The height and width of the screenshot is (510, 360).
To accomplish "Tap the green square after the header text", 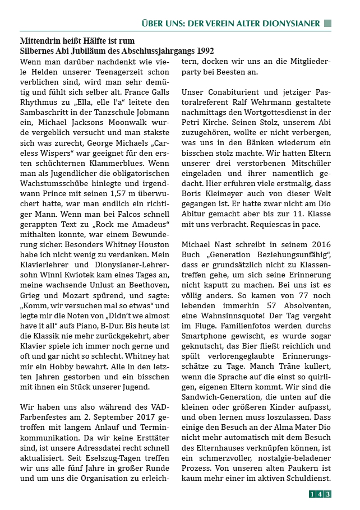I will point(328,24).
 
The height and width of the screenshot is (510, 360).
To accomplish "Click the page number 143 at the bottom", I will point(320,494).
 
